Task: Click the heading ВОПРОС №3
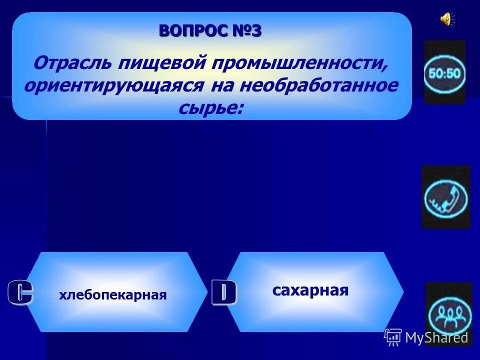click(x=210, y=31)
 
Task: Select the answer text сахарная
click(x=310, y=290)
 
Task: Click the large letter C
click(x=20, y=293)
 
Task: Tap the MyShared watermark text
click(x=436, y=338)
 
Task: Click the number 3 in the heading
click(x=255, y=31)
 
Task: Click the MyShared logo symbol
click(x=393, y=337)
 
